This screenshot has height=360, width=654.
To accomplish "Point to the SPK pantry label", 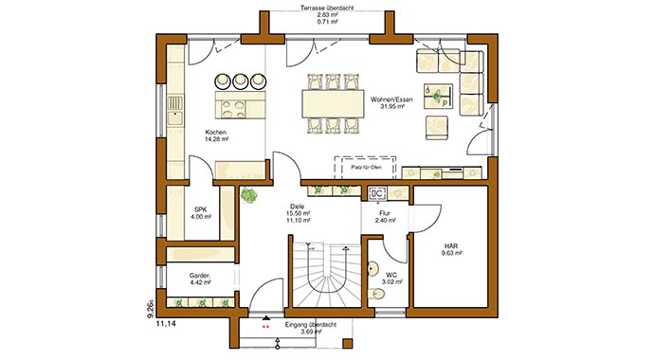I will (200, 209).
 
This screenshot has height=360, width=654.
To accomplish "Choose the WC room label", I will (390, 274).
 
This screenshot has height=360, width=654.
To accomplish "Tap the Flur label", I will (385, 213).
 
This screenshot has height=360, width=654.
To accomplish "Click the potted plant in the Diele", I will (249, 195).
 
